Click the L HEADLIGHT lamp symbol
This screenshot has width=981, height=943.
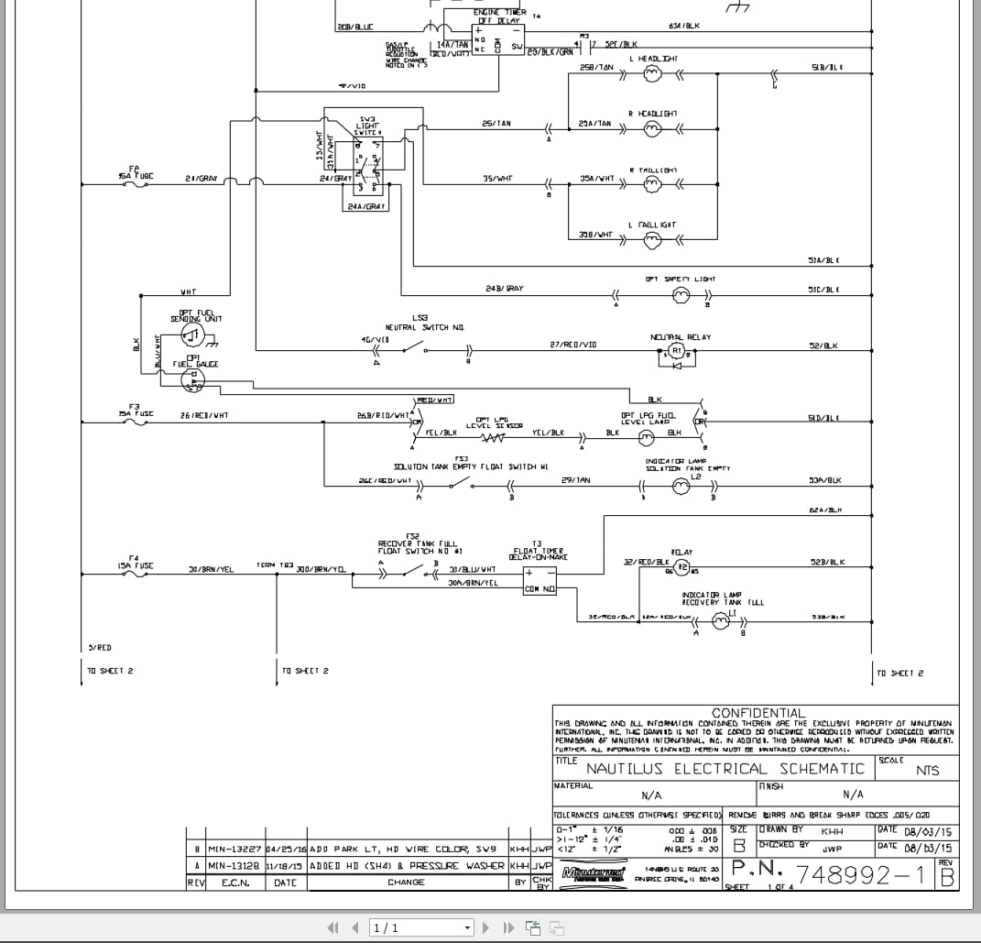(x=653, y=76)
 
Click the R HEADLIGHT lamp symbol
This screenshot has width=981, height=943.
(x=652, y=129)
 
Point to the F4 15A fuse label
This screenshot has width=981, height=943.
(x=135, y=562)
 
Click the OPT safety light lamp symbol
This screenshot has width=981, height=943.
(x=681, y=294)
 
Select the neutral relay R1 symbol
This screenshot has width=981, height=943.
(x=677, y=350)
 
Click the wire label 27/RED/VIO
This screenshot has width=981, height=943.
(x=572, y=345)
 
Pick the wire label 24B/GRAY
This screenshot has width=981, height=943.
(x=505, y=289)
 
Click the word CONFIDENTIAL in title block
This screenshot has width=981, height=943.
(x=758, y=712)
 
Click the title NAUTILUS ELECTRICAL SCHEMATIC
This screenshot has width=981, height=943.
(x=725, y=769)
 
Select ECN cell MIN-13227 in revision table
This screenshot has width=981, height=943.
(x=234, y=850)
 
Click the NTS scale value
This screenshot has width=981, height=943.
(x=927, y=771)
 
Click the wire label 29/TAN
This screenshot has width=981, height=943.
(x=575, y=480)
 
